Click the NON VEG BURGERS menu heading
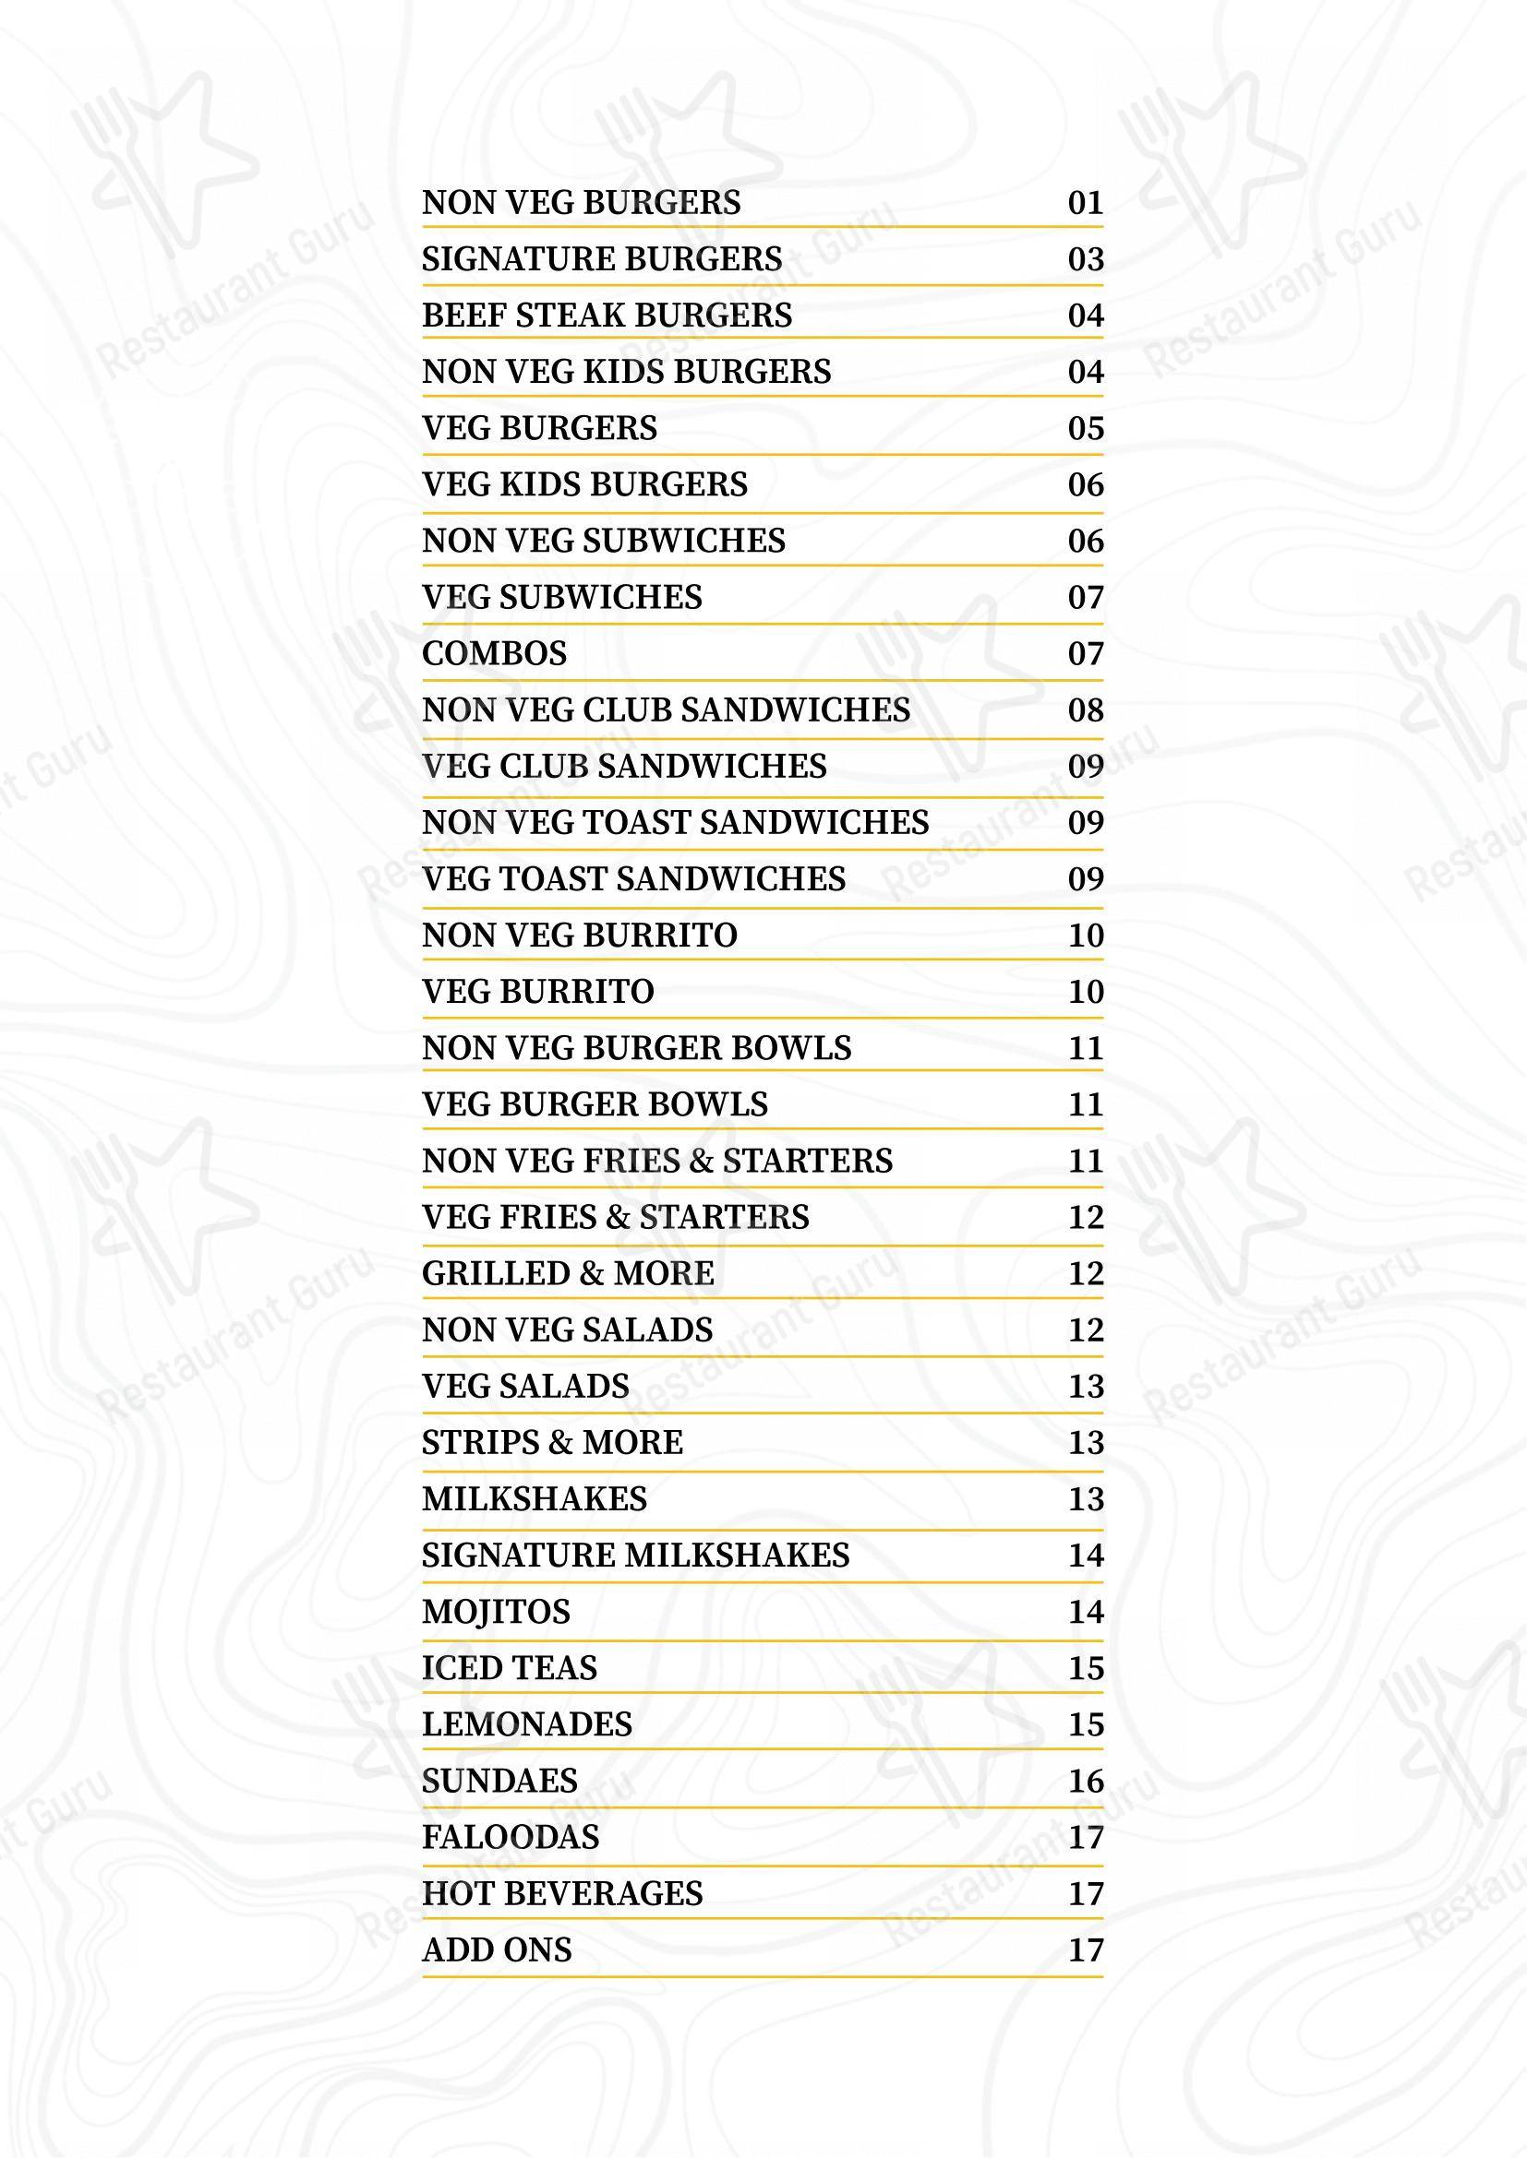coord(581,203)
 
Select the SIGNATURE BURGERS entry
coord(602,259)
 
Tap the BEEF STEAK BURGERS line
coord(607,316)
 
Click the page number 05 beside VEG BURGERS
coord(1085,429)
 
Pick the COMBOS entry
coord(495,654)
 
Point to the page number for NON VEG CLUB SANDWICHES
coord(1085,710)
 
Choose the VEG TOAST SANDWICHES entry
coord(633,880)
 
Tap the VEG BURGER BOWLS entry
coord(595,1105)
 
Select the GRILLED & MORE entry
coord(568,1274)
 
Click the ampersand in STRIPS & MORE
coord(552,1444)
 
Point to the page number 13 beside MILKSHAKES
coord(1085,1500)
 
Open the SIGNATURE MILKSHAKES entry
coord(635,1556)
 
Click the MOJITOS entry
coord(496,1613)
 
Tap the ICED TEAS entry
coord(510,1669)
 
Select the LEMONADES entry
coord(526,1725)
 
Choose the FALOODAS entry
coord(511,1839)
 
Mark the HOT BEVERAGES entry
coord(562,1895)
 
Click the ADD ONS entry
coord(497,1951)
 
